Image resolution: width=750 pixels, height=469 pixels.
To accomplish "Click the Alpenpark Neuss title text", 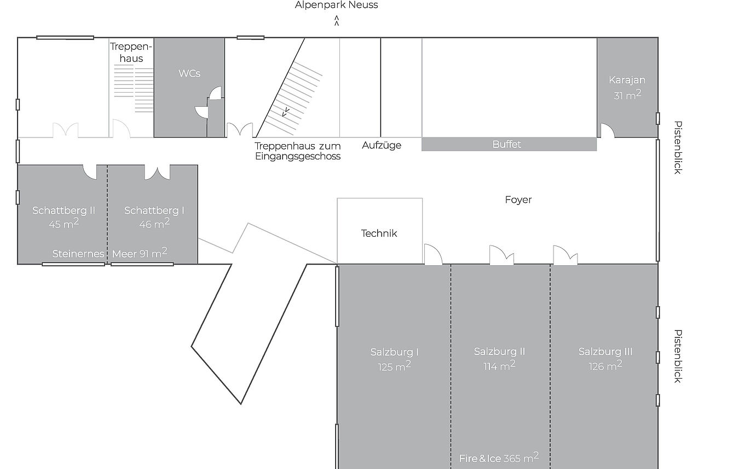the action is pos(336,5).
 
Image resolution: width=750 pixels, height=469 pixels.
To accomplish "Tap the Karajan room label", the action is pos(627,80).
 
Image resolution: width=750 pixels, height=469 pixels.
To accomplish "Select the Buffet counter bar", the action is pos(509,145).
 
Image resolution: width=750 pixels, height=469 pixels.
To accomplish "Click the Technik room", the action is pos(380,231).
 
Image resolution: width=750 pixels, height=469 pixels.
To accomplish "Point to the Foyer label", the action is pos(518,199).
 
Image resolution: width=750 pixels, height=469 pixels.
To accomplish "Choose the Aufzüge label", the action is pos(382,145).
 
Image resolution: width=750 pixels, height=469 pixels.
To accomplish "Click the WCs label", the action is pos(189,73).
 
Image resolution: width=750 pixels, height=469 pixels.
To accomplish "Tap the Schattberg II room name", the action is pos(64,210).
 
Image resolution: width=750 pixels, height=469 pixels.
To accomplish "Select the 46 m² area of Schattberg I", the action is pos(154,223).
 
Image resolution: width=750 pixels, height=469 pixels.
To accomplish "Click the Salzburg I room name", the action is pos(394,352).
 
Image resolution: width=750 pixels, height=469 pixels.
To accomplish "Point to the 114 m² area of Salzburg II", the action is pos(499,365).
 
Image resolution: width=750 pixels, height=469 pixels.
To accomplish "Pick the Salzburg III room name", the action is pos(605,351).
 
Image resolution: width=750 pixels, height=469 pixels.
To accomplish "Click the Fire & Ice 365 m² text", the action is pos(499,457).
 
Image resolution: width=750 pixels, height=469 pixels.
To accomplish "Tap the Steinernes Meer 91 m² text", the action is pos(109,253).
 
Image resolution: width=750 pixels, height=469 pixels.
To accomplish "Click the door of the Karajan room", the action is pos(607,130).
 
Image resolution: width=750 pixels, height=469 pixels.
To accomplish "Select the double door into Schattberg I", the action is pos(157,172).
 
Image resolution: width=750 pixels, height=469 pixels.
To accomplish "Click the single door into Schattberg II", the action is pos(90,172).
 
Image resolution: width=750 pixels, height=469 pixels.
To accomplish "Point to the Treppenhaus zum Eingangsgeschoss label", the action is pos(298,151).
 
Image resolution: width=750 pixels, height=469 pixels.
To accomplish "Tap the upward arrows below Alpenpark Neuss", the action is pos(337,20).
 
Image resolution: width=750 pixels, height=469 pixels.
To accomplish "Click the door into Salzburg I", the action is pos(433,255).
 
